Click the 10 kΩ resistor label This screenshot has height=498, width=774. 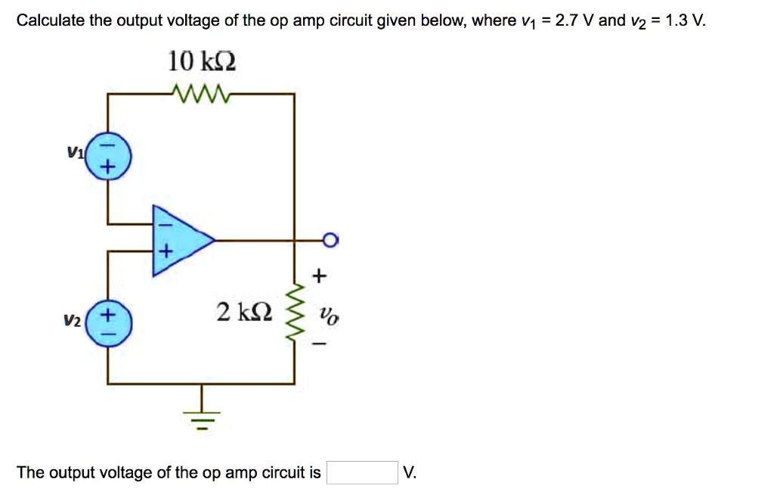pos(202,61)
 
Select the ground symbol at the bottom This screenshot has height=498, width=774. pos(202,415)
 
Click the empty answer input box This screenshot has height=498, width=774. pos(362,473)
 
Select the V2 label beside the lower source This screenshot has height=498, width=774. pos(72,322)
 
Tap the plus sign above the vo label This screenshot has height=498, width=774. pos(320,277)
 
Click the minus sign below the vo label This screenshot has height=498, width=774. pos(320,345)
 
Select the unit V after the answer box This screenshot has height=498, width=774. pos(409,473)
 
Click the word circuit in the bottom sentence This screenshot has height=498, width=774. pos(290,473)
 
